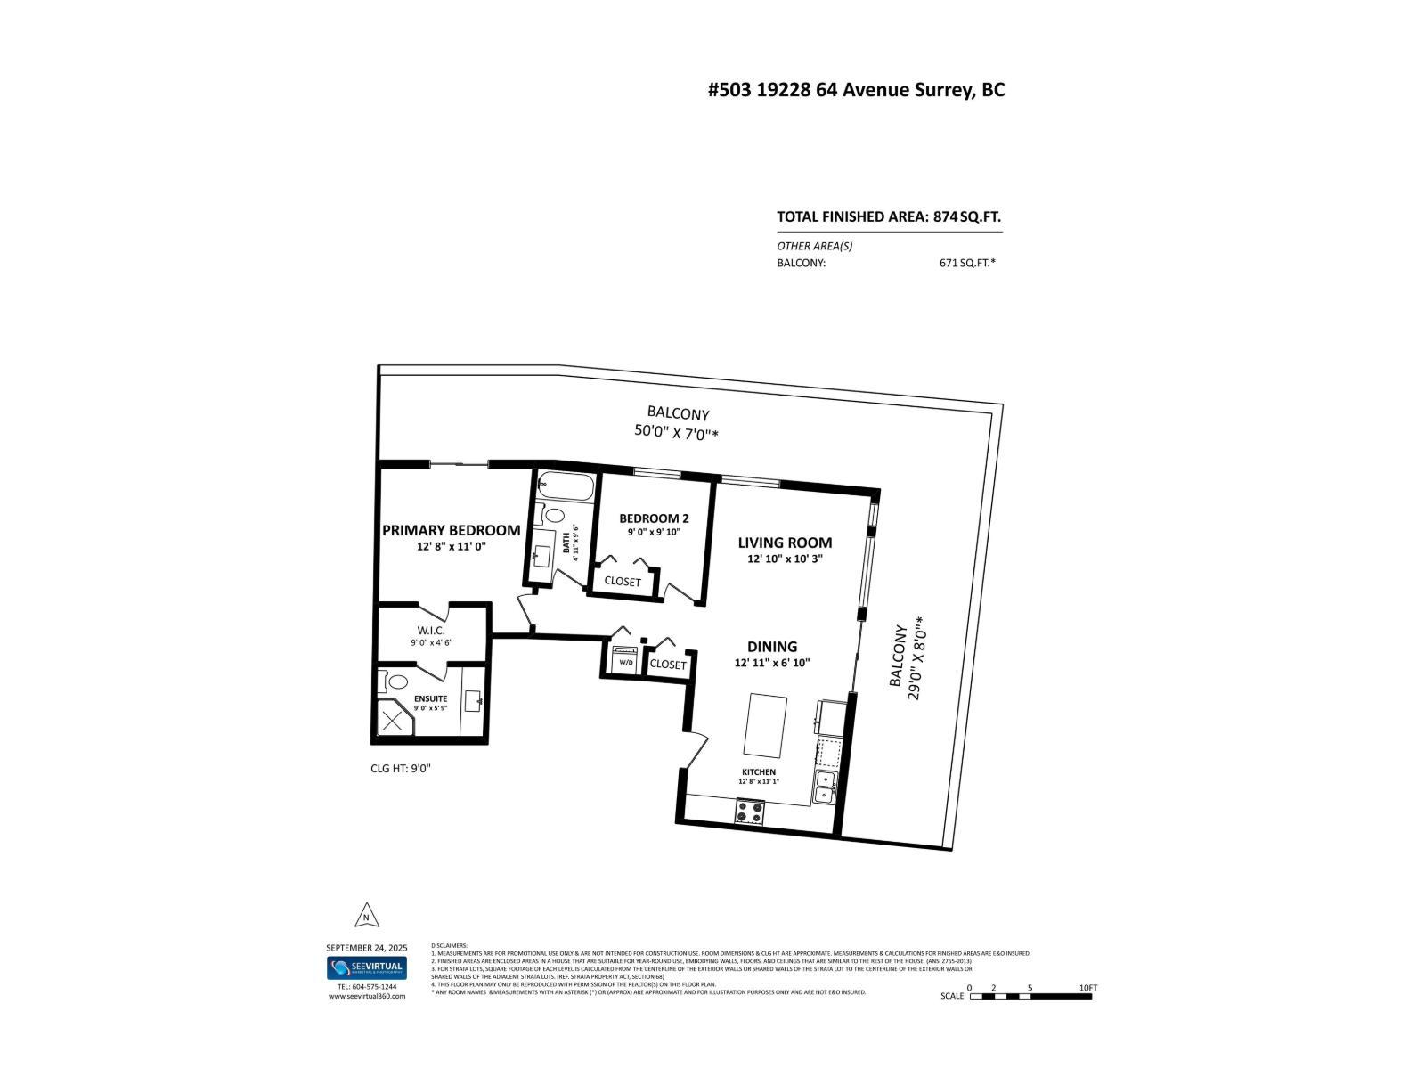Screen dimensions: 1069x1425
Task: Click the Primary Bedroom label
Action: [x=451, y=531]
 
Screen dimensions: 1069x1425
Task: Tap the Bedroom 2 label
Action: [x=654, y=518]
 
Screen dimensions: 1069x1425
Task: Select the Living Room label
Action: [x=785, y=543]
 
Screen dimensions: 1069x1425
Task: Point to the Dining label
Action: [x=772, y=647]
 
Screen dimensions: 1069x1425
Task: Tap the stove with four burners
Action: [x=749, y=812]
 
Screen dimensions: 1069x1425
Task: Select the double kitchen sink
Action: [x=825, y=787]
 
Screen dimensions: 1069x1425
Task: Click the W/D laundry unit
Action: [x=624, y=660]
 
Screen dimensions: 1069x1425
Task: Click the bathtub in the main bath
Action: [x=566, y=487]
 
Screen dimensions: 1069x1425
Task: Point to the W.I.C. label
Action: [x=431, y=631]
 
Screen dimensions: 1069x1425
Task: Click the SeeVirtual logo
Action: [x=366, y=968]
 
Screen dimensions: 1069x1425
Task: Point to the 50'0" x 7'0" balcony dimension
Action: [x=682, y=433]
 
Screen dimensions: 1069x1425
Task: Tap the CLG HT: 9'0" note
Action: [x=401, y=768]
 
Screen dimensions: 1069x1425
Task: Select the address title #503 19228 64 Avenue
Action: [x=856, y=90]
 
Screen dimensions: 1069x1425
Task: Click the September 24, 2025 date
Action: [x=366, y=947]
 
